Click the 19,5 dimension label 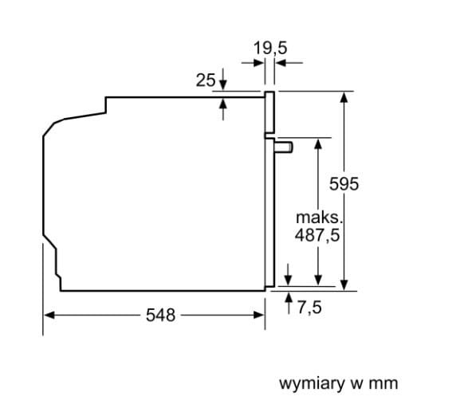coord(270,48)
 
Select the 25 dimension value coord(206,80)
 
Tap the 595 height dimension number coord(344,184)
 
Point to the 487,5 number coord(317,234)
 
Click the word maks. coord(319,218)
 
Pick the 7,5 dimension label coord(310,307)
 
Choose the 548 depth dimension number coord(160,315)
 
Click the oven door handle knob coord(284,147)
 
